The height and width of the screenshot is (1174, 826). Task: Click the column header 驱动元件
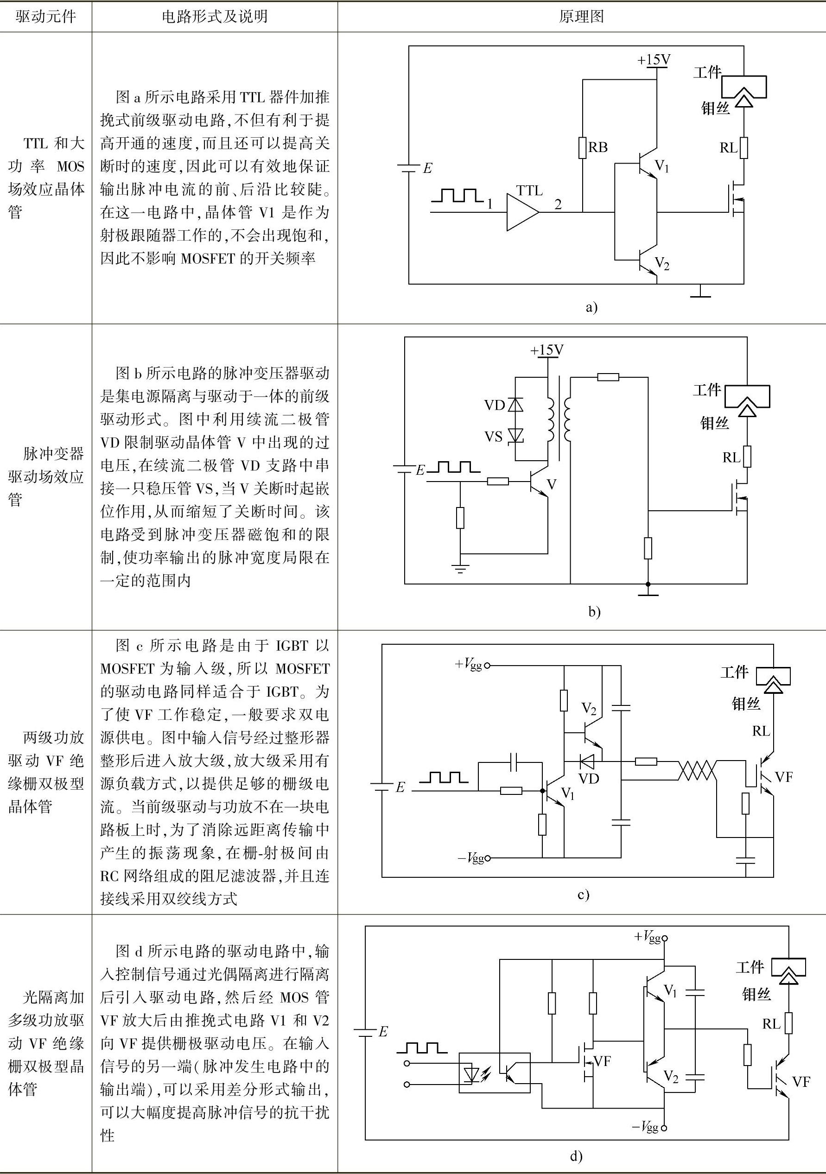tap(45, 17)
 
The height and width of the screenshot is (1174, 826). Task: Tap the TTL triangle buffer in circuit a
tap(521, 212)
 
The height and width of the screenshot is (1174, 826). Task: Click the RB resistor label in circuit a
tap(598, 147)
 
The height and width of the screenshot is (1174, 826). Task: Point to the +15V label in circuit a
tap(654, 60)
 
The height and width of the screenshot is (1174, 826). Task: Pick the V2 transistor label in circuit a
tap(662, 264)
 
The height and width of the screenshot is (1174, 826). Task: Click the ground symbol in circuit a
tap(700, 292)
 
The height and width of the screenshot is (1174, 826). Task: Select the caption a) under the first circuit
tap(591, 307)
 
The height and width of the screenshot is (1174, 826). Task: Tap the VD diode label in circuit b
tap(495, 406)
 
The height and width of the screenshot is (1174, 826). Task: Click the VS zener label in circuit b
tap(494, 437)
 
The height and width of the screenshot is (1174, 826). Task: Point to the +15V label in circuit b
tap(547, 350)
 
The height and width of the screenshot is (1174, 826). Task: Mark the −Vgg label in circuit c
tap(470, 857)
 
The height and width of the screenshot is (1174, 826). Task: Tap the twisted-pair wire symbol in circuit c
tap(697, 770)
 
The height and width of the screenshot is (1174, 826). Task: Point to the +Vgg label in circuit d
tap(648, 936)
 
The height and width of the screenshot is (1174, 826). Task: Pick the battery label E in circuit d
tap(383, 1031)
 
